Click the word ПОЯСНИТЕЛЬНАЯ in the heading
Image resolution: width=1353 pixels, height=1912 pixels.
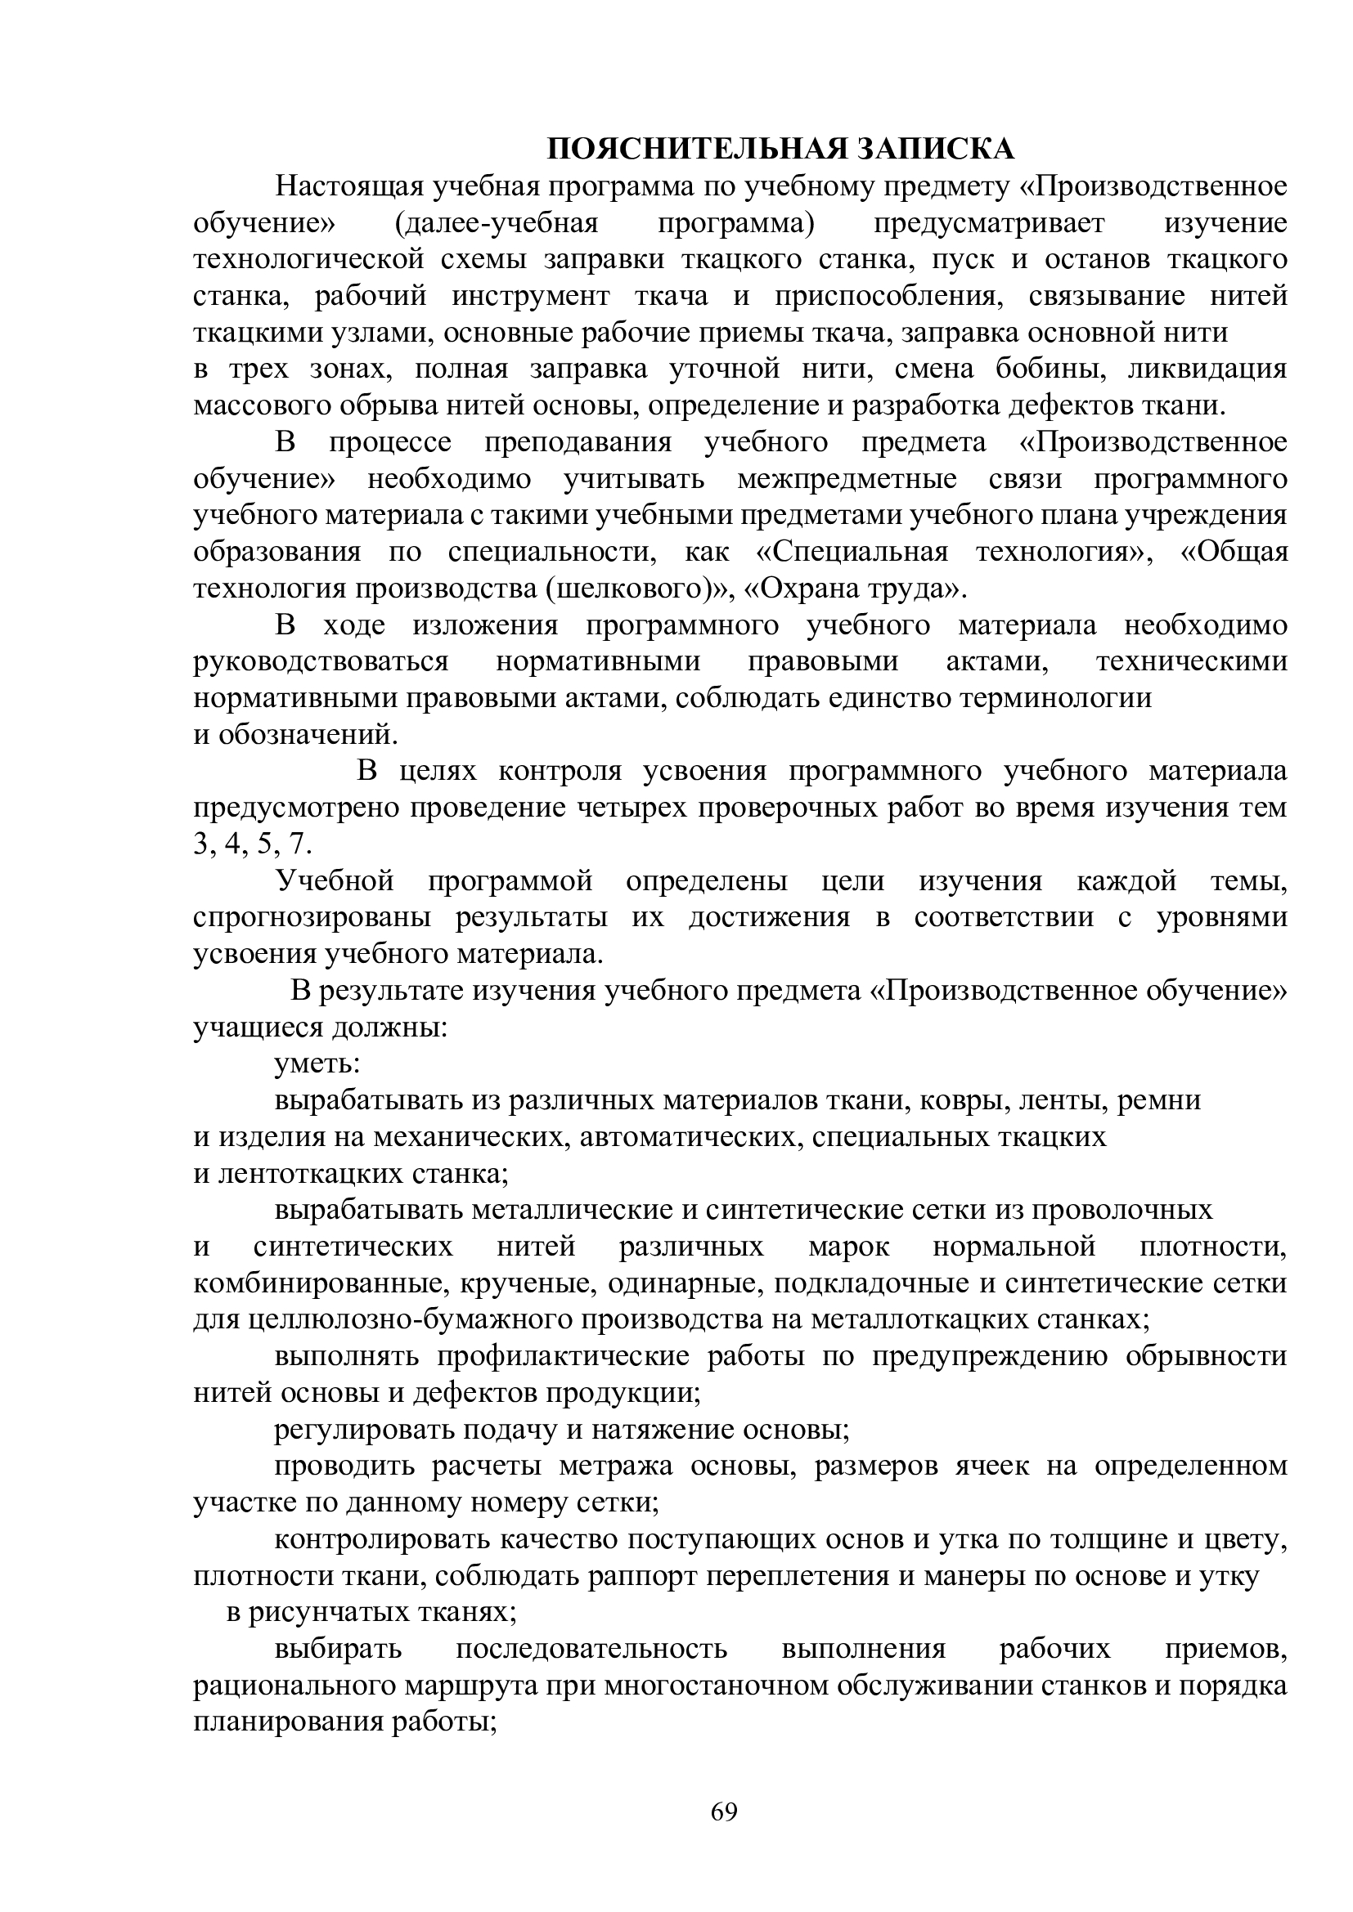tap(697, 149)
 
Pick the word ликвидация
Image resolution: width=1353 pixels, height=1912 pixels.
tap(1207, 369)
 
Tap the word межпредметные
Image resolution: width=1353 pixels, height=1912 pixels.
tap(847, 480)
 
